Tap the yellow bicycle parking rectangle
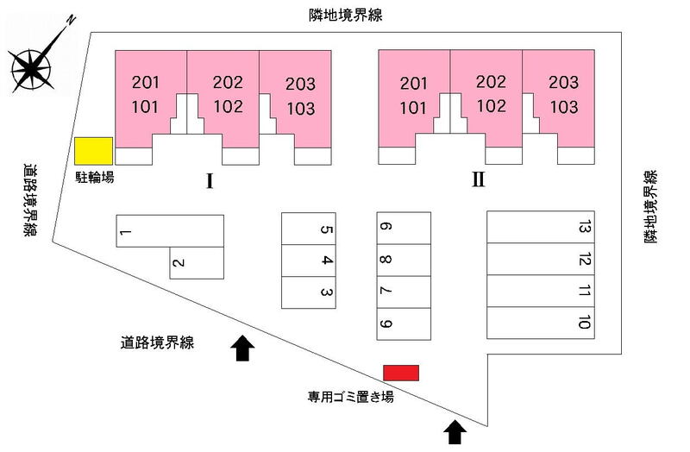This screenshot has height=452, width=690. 93,151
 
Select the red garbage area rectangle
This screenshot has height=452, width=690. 401,373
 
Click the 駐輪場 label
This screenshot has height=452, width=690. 93,177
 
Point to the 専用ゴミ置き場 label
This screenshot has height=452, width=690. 351,397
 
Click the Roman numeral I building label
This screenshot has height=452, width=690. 209,181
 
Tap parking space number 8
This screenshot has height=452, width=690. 403,260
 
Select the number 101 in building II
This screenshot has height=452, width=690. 414,108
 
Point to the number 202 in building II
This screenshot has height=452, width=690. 490,83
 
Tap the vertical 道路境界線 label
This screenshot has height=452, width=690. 30,201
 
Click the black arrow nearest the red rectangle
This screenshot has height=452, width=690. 455,430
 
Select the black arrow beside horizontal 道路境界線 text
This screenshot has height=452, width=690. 242,347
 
